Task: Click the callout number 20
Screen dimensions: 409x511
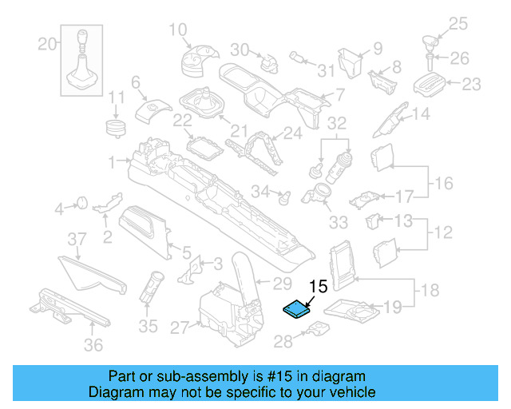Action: coord(48,42)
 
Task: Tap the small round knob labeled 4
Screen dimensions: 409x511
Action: coord(80,204)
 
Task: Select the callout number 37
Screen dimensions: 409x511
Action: coord(76,240)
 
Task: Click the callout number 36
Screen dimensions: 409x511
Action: coord(93,344)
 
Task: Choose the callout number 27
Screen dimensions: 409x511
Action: coord(178,327)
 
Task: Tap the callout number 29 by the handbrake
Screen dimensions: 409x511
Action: coord(283,283)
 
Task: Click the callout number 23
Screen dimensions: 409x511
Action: coord(472,83)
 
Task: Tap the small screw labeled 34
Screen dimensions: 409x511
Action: coord(283,193)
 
